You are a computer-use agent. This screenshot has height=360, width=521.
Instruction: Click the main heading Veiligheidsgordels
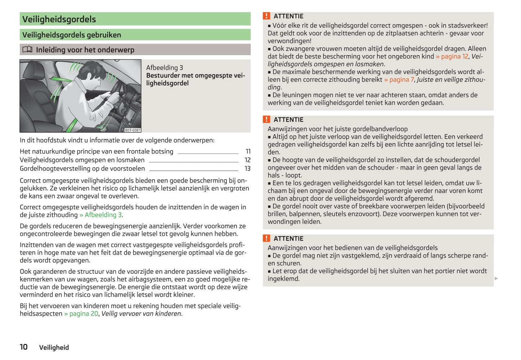[59, 19]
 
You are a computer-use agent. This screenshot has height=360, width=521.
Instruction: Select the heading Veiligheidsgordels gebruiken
[72, 35]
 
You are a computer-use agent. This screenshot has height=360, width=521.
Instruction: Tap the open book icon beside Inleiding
[27, 49]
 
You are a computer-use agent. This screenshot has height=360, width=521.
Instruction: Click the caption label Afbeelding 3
[164, 67]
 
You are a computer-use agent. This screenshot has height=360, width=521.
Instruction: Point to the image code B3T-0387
[132, 130]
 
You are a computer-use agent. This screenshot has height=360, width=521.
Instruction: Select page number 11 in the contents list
[248, 152]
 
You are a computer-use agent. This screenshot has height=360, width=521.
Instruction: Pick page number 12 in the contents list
[247, 160]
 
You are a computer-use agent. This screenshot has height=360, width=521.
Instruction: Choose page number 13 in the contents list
[247, 168]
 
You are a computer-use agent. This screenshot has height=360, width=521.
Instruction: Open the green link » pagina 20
[81, 314]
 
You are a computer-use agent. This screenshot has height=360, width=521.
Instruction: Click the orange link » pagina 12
[452, 56]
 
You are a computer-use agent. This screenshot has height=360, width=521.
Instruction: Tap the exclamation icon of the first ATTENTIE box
[266, 16]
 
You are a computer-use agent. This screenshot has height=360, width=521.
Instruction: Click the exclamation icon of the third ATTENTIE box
[266, 238]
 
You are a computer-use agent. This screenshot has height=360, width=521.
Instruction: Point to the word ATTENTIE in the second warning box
[288, 120]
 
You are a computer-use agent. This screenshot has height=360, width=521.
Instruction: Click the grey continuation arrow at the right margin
[496, 278]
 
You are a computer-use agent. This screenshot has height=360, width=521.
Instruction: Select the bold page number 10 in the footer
[24, 347]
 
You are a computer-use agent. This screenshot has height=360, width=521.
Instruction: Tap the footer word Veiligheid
[54, 347]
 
